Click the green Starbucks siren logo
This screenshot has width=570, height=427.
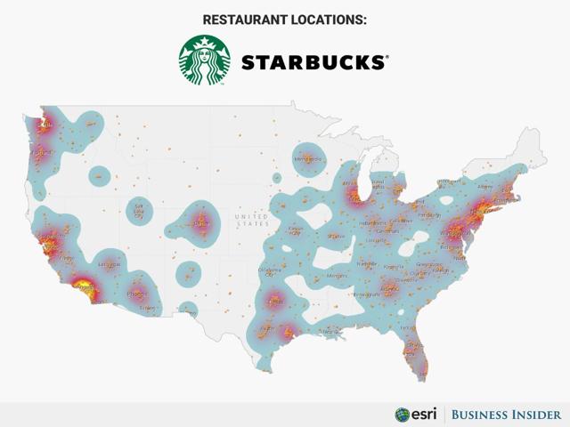tap(205, 60)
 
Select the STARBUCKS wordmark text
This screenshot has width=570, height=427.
tap(313, 62)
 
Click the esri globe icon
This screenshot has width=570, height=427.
tap(403, 415)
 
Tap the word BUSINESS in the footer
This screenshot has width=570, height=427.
tap(482, 415)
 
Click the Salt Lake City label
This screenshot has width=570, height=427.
tap(137, 210)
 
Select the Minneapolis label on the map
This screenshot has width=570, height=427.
tap(307, 159)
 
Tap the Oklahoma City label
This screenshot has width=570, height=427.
tap(268, 272)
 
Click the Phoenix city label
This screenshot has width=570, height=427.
tap(136, 293)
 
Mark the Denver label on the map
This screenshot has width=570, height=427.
tap(200, 223)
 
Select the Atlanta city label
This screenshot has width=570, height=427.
tap(389, 288)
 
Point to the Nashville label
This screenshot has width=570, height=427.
tap(367, 264)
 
